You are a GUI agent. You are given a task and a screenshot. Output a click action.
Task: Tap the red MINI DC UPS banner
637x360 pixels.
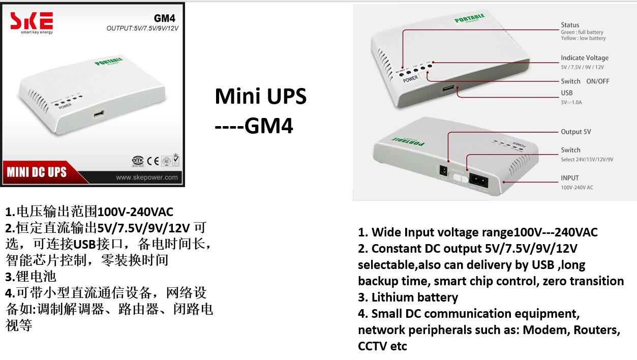click(x=37, y=172)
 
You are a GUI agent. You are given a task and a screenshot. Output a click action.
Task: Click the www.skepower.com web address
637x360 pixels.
click(x=146, y=177)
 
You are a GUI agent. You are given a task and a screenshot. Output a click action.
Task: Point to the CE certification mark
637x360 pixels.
click(x=153, y=161)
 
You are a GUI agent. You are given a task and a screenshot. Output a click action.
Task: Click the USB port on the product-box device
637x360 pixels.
click(x=99, y=113)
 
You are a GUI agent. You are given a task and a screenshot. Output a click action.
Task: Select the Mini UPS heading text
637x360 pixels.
click(x=260, y=96)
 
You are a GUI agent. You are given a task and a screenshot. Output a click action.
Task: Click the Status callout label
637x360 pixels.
click(x=570, y=25)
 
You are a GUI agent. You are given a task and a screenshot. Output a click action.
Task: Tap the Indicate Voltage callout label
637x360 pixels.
click(x=584, y=58)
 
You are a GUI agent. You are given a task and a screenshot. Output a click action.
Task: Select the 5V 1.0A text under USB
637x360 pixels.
click(x=571, y=102)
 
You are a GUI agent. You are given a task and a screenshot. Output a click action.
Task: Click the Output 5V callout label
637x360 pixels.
click(x=575, y=132)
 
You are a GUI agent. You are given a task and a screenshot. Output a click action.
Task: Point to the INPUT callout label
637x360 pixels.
click(x=570, y=178)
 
